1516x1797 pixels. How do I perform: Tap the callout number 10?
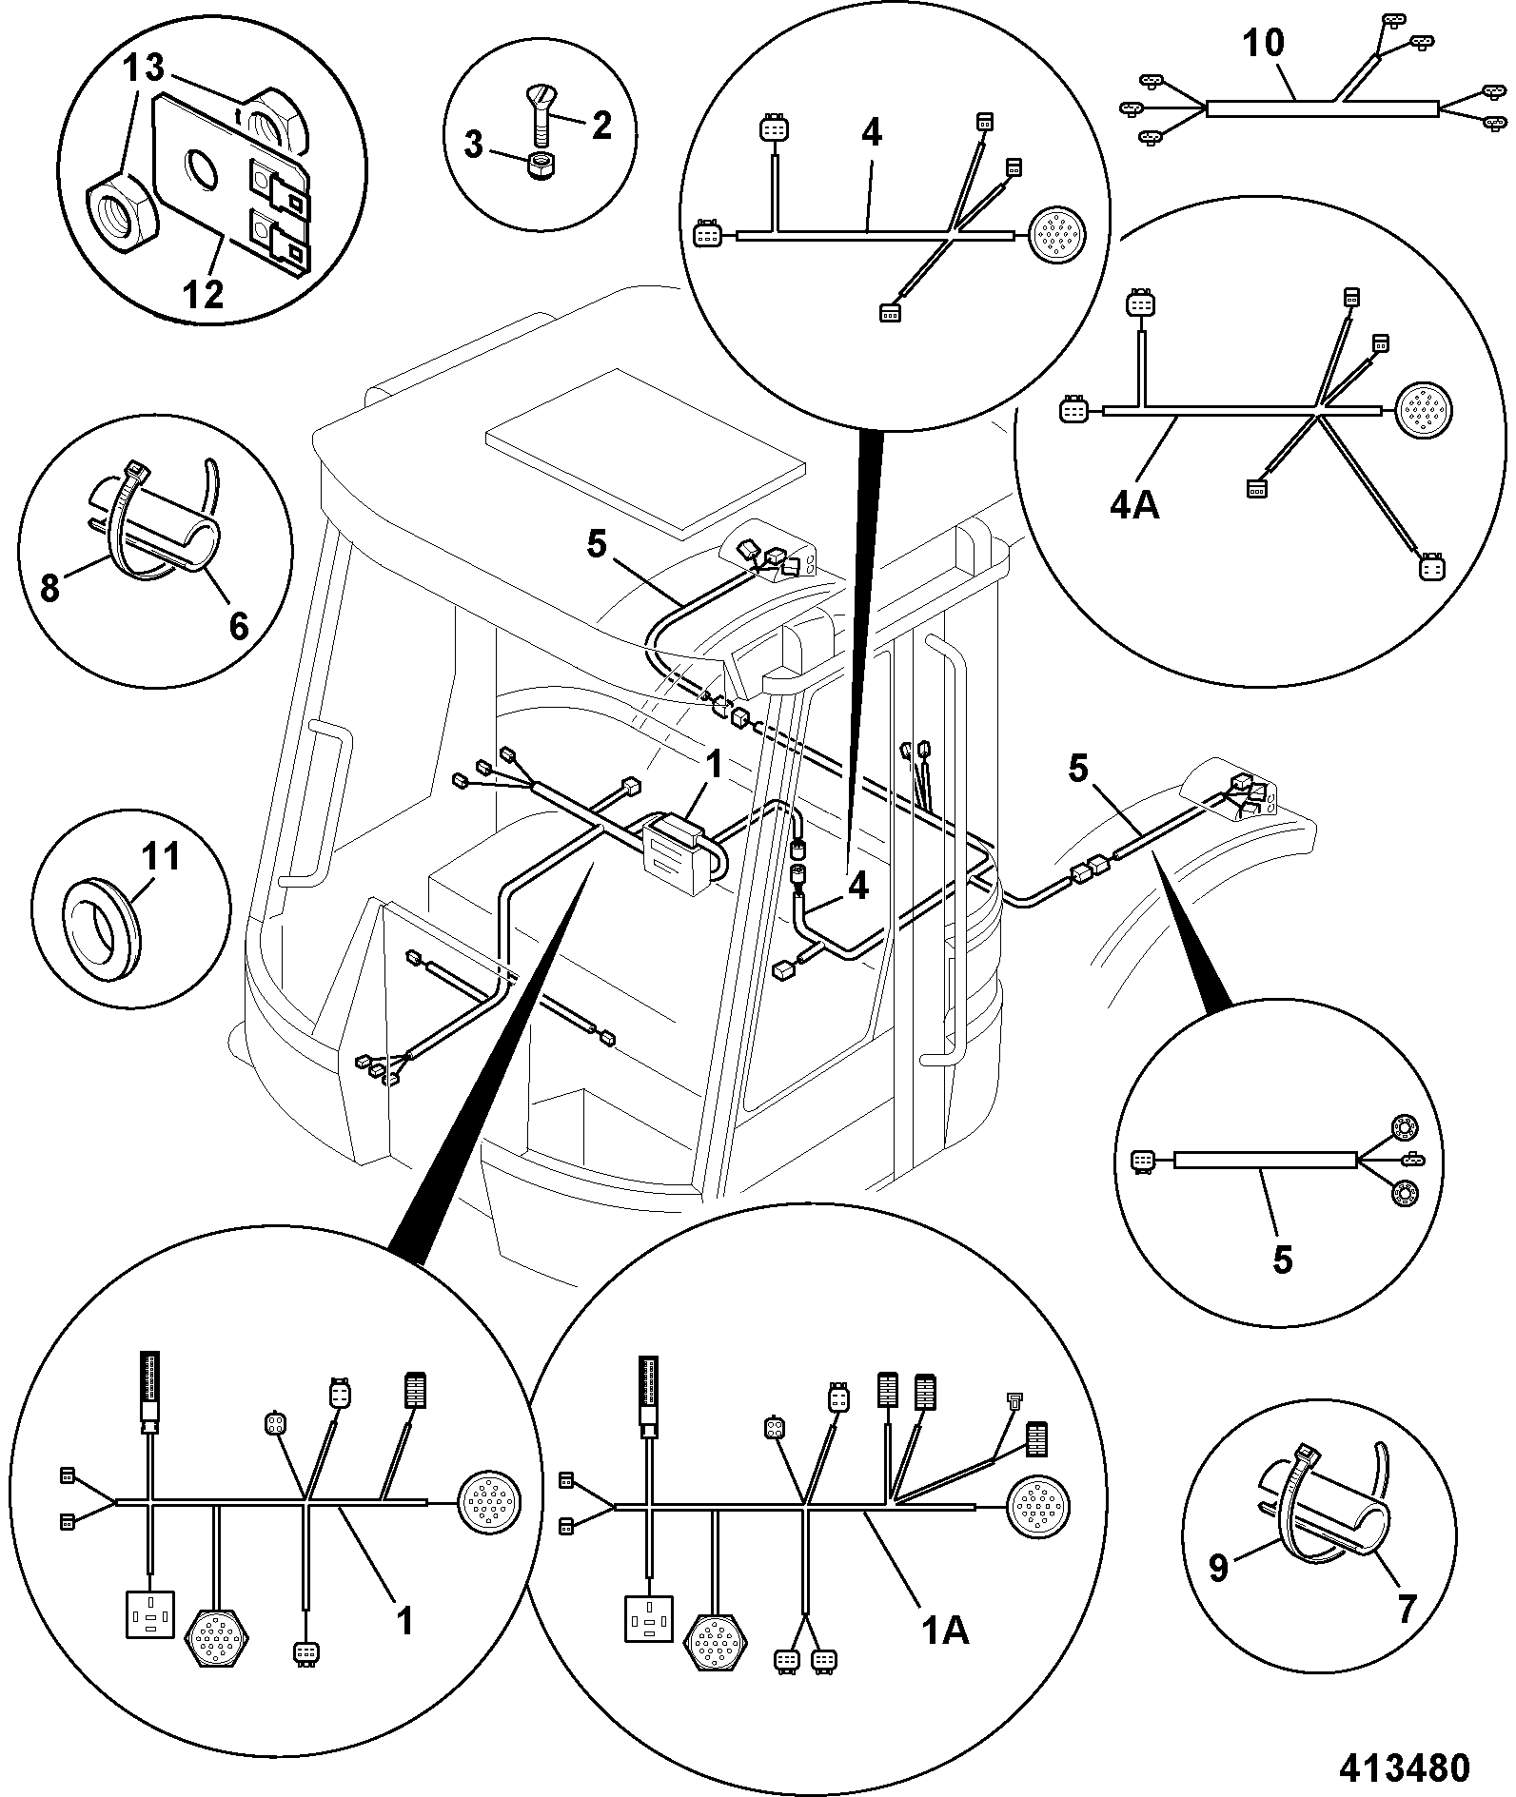pos(1264,43)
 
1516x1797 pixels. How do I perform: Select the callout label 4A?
pos(1134,505)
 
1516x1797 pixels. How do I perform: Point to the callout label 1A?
pos(945,1631)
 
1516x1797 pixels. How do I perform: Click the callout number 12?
pos(204,294)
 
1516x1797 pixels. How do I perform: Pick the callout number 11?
pos(161,857)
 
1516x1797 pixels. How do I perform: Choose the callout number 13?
pos(143,68)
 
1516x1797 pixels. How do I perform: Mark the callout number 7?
pos(1406,1609)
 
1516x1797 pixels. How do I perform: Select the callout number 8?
pos(49,589)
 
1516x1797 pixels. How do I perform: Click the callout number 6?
pos(238,625)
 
